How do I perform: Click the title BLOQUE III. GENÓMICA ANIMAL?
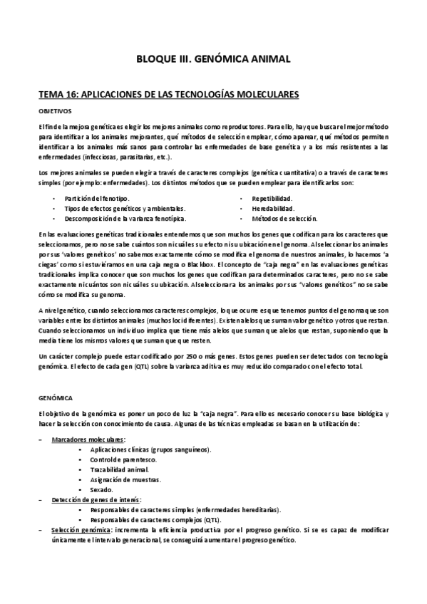click(213, 60)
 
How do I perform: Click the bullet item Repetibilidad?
click(272, 197)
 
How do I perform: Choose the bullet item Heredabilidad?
click(272, 207)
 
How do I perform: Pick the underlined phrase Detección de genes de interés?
click(96, 500)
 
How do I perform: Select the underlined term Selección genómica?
click(81, 530)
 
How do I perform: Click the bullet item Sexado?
click(101, 490)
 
